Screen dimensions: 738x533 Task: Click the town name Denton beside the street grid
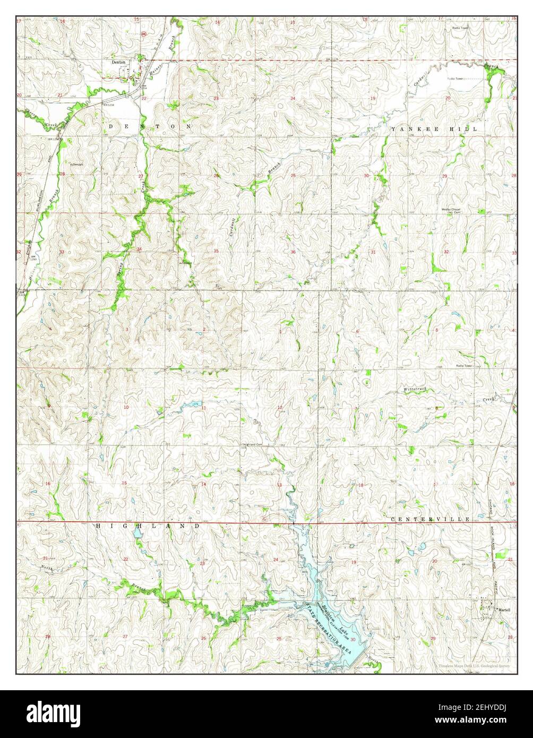coord(118,62)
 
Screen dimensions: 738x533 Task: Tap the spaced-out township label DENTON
coord(150,126)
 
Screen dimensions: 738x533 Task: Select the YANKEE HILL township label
coord(434,129)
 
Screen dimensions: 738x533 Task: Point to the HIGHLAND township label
coord(148,526)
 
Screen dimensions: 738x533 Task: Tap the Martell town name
coord(504,611)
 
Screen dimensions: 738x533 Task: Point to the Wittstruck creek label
coord(415,390)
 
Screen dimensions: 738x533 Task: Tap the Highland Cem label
coord(253,444)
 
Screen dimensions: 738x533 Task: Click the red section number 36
coord(293,252)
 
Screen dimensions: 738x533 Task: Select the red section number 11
coord(203,407)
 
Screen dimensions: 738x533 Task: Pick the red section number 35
coord(216,251)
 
